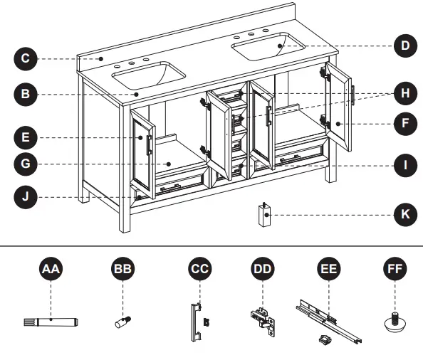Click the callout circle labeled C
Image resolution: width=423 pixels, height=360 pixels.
click(25, 58)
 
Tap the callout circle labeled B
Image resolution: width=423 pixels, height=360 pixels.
click(25, 93)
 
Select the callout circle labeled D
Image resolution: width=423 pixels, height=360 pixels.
click(405, 46)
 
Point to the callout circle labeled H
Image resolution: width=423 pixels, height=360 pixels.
click(405, 93)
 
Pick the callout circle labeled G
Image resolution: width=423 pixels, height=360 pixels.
click(25, 164)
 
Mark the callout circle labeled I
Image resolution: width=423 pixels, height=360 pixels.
click(405, 166)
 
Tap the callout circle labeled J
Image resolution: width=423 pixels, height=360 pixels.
click(25, 196)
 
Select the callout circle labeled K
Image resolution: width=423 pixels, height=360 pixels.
click(405, 213)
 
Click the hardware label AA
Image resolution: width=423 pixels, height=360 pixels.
click(51, 270)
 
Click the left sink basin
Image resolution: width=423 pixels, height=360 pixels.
click(150, 73)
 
